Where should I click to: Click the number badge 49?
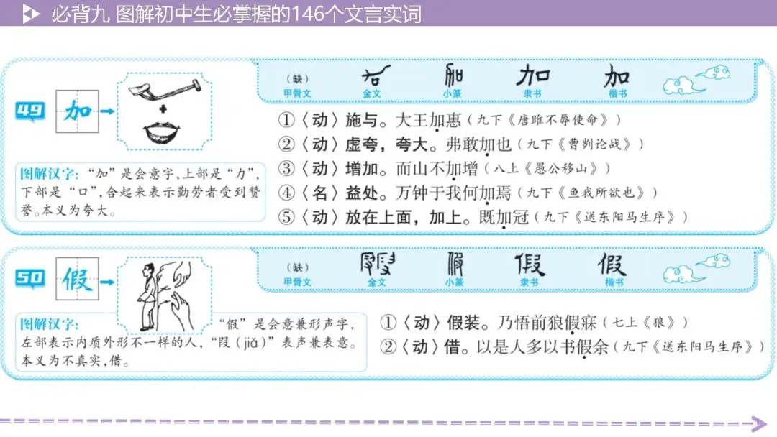point(30,111)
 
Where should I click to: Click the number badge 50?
point(30,278)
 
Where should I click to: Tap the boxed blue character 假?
point(76,279)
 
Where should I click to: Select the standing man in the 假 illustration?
point(147,295)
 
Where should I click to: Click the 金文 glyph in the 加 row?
point(377,75)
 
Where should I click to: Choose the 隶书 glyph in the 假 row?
point(529,264)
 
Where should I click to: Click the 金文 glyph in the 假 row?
point(377,264)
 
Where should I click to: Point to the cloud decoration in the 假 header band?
point(694,270)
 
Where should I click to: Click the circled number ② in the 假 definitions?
point(388,347)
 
